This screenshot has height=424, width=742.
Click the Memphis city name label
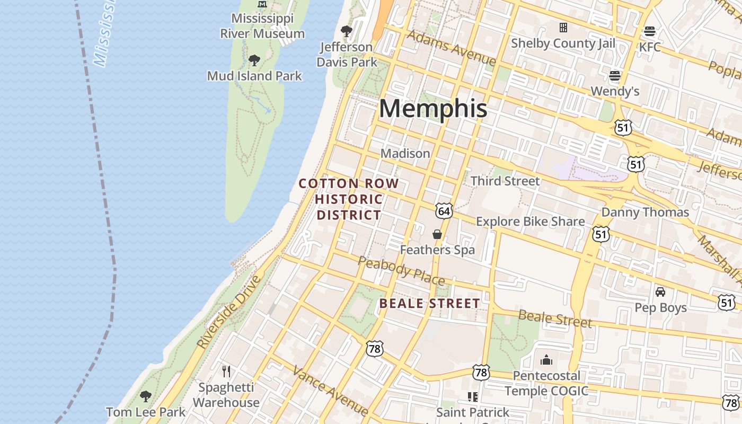[432, 109]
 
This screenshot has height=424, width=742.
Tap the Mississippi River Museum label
[262, 26]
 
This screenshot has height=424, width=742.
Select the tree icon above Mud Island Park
[254, 60]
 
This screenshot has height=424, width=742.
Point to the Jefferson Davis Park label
[347, 55]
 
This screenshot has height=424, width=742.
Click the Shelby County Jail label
[563, 43]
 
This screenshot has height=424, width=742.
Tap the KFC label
[650, 47]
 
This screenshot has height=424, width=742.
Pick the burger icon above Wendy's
[615, 76]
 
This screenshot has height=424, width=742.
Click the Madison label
[405, 153]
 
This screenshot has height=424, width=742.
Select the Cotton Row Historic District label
[349, 199]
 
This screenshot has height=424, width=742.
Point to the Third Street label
[505, 181]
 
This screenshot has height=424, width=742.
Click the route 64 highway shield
[444, 211]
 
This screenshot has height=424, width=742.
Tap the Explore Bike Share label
[531, 222]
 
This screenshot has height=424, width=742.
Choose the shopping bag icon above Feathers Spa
[437, 234]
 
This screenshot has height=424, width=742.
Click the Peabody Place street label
[401, 270]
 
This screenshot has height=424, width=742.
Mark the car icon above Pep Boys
[660, 292]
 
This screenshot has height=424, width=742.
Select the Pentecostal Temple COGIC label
[546, 384]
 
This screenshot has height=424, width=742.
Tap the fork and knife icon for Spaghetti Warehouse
[226, 371]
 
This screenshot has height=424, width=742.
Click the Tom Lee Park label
[146, 412]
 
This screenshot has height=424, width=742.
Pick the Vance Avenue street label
[330, 391]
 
